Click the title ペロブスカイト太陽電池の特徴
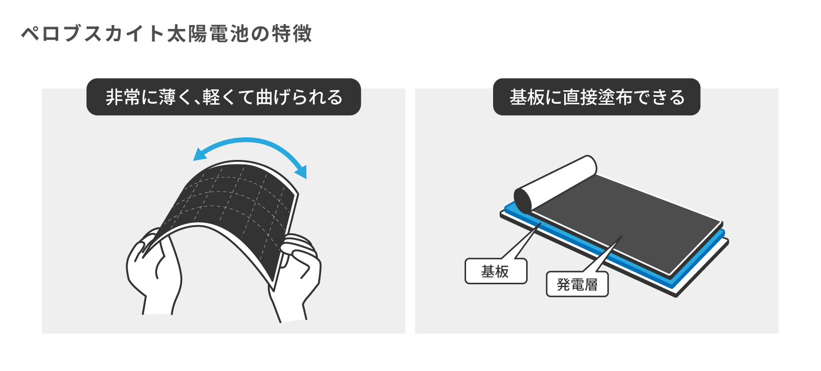point(166,34)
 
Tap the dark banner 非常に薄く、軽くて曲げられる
point(224,97)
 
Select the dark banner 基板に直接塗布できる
point(596,97)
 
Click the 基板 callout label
point(496,271)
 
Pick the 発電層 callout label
point(577,284)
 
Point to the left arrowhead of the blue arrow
point(200,154)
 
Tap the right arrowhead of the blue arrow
point(301,171)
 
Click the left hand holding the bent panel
point(154,272)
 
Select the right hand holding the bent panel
point(297,279)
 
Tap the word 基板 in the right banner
point(527,97)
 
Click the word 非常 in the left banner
point(123,97)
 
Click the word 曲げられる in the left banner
point(299,97)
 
